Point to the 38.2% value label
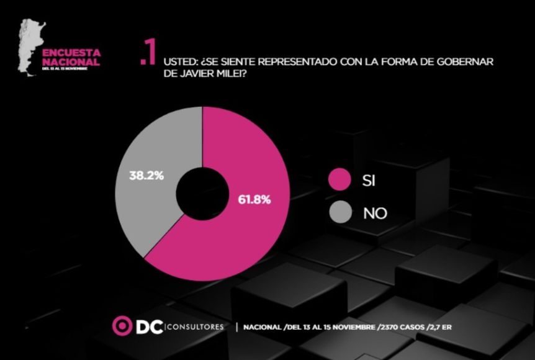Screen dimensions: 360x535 point(147,176)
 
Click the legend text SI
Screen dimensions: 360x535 point(369,181)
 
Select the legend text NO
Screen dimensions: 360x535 point(375,214)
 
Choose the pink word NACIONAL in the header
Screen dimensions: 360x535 point(70,63)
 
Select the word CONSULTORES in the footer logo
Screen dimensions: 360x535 point(194,326)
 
